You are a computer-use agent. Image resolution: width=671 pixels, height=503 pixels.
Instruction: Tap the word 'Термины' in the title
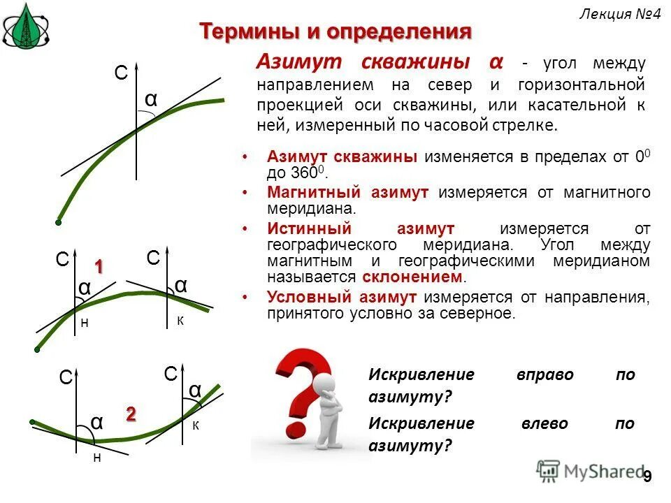coord(245,31)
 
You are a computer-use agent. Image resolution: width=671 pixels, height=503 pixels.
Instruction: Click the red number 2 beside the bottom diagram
coord(131,414)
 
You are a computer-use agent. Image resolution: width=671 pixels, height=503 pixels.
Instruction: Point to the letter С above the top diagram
coord(121,73)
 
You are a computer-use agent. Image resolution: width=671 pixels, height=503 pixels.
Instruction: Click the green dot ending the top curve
coord(59,222)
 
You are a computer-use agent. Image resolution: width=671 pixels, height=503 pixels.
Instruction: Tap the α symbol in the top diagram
coord(151,100)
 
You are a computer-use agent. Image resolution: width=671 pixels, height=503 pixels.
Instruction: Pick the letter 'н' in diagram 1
coord(85,323)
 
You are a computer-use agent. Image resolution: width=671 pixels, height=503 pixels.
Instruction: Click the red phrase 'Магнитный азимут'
coord(347,192)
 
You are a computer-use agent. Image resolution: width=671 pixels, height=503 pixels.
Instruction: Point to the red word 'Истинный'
coord(303,228)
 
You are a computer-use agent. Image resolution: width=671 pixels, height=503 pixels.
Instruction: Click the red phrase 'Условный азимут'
coord(342,297)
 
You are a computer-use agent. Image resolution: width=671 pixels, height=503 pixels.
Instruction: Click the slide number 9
coord(647,476)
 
